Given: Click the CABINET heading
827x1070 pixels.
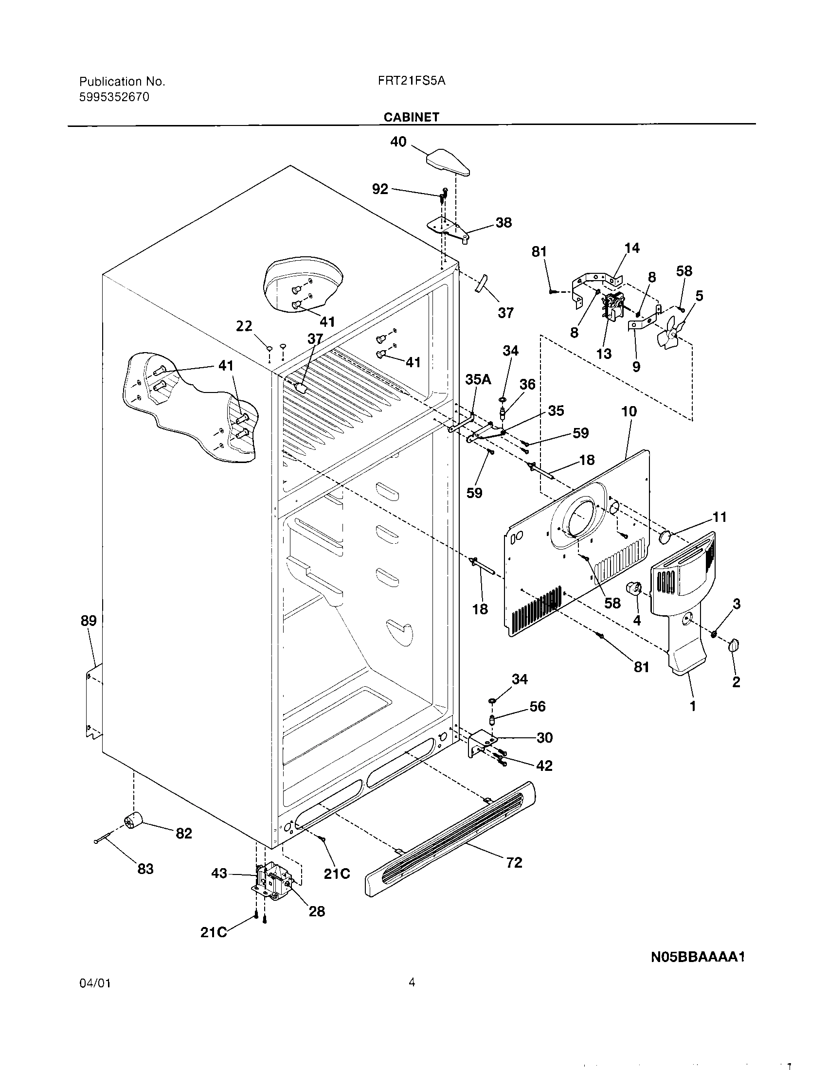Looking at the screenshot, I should tap(411, 117).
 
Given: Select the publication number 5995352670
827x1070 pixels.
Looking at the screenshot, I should tap(114, 97).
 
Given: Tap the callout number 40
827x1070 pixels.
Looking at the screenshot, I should tap(398, 142).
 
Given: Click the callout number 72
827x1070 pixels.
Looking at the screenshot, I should tap(514, 862).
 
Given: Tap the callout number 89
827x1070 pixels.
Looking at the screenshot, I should tap(89, 621).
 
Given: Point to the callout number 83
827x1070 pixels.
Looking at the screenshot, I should tap(145, 869).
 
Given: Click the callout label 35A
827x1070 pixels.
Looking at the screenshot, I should tap(478, 379).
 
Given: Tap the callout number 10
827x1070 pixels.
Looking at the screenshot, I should tap(629, 411).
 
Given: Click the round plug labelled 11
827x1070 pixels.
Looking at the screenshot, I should tap(665, 536).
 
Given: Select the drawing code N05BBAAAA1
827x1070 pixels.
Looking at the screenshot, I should tap(698, 957).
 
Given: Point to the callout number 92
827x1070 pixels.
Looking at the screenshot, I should tap(380, 189).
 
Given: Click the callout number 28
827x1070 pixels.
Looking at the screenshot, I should tap(317, 911).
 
